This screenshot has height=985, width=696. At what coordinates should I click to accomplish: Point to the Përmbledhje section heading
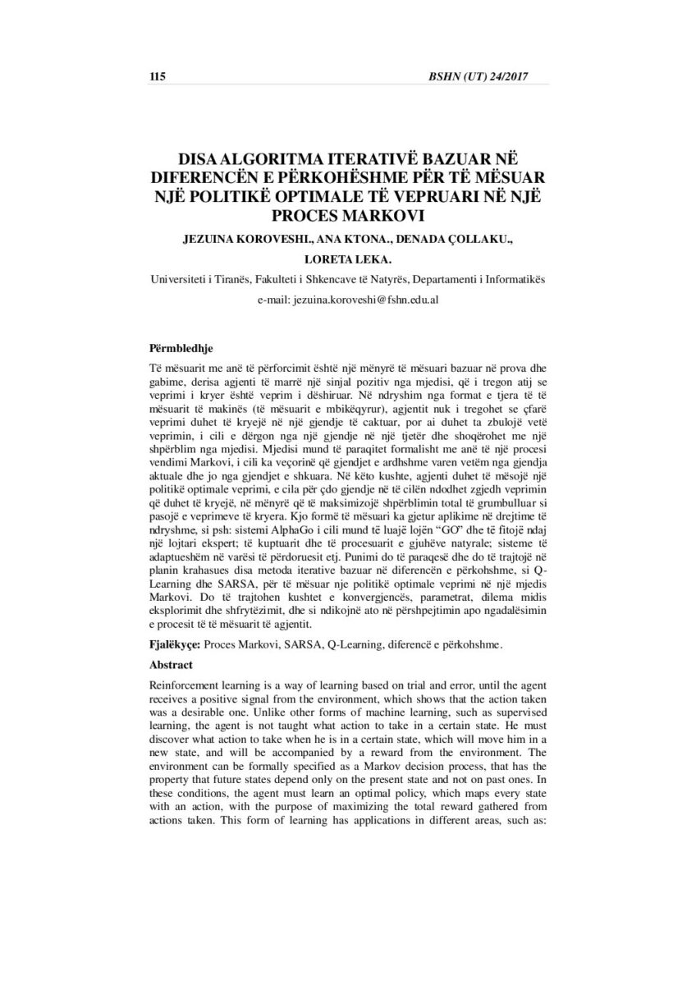click(181, 348)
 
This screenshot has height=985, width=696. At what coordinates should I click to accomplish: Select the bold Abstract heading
click(172, 664)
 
